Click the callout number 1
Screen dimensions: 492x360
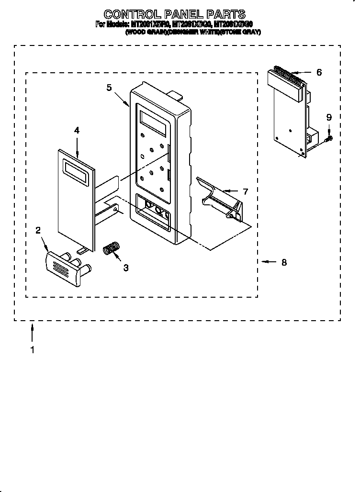pyautogui.click(x=32, y=350)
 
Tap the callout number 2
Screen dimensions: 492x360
pyautogui.click(x=38, y=230)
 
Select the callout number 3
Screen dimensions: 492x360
pyautogui.click(x=125, y=268)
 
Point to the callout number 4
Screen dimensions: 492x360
pyautogui.click(x=77, y=130)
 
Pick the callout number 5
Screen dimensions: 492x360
pyautogui.click(x=109, y=88)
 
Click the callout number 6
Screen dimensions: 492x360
pyautogui.click(x=319, y=72)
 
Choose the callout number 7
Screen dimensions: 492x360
pyautogui.click(x=245, y=191)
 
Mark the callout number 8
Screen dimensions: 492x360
pyautogui.click(x=284, y=262)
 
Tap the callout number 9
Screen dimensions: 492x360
pyautogui.click(x=328, y=117)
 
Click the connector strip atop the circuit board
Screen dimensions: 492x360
pyautogui.click(x=286, y=78)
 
